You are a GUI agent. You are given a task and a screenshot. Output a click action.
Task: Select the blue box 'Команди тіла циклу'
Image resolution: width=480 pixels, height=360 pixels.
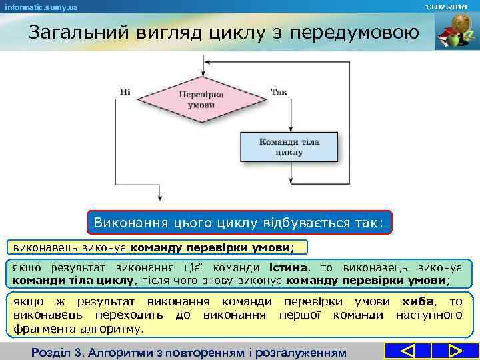pos(289,147)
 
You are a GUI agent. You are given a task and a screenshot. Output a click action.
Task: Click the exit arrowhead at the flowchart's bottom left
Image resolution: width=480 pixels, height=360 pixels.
pos(157,198)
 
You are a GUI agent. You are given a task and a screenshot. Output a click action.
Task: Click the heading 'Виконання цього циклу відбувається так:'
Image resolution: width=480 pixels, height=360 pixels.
pos(239,222)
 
